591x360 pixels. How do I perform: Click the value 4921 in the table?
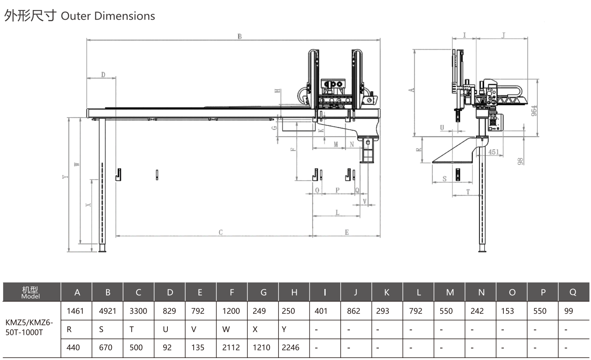pyautogui.click(x=107, y=311)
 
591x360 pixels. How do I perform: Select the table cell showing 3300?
pyautogui.click(x=138, y=311)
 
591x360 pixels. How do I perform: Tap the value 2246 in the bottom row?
pyautogui.click(x=290, y=347)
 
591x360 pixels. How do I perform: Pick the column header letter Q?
pyautogui.click(x=573, y=292)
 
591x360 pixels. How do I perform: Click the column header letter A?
pyautogui.click(x=77, y=292)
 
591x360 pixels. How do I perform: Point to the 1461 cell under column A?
pyautogui.click(x=75, y=311)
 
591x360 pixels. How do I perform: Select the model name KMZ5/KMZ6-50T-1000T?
pyautogui.click(x=29, y=327)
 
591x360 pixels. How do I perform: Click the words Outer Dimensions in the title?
pyautogui.click(x=108, y=16)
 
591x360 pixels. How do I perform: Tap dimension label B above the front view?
pyautogui.click(x=240, y=36)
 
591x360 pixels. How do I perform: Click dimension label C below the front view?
pyautogui.click(x=221, y=232)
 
